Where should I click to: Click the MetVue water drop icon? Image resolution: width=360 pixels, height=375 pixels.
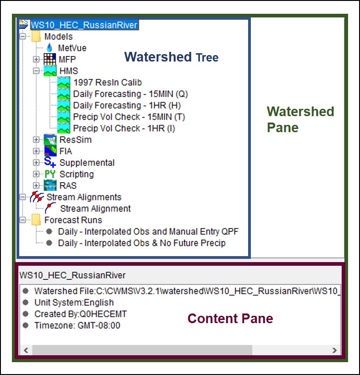pyautogui.click(x=50, y=48)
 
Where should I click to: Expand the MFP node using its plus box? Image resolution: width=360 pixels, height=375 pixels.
pyautogui.click(x=36, y=59)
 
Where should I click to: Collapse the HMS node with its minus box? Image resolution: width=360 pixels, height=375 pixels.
pyautogui.click(x=36, y=71)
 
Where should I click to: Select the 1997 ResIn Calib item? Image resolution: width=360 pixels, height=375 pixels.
pyautogui.click(x=107, y=82)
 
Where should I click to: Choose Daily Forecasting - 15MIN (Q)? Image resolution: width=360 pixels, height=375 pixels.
pyautogui.click(x=130, y=94)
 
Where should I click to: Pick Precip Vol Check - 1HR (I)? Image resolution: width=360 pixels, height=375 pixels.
pyautogui.click(x=124, y=128)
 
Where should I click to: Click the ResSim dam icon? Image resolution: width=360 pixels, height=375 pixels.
pyautogui.click(x=50, y=140)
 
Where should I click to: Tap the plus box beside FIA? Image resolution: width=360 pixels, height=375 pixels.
pyautogui.click(x=36, y=151)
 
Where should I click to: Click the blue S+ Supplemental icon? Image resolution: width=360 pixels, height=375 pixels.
pyautogui.click(x=50, y=162)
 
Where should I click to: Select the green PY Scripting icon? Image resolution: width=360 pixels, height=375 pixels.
pyautogui.click(x=50, y=174)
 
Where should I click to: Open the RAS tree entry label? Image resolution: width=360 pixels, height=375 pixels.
pyautogui.click(x=68, y=185)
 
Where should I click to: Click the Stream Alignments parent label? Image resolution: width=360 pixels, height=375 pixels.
pyautogui.click(x=84, y=197)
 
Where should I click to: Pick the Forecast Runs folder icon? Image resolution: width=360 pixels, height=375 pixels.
pyautogui.click(x=36, y=220)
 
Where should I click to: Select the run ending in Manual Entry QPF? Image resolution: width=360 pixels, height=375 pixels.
pyautogui.click(x=148, y=231)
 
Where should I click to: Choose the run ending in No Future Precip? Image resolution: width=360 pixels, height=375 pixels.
pyautogui.click(x=142, y=243)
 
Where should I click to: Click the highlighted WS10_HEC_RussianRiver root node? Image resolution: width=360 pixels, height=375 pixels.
pyautogui.click(x=84, y=25)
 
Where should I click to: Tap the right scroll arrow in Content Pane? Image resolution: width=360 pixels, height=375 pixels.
pyautogui.click(x=334, y=350)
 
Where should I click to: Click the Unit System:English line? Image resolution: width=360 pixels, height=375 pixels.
pyautogui.click(x=74, y=302)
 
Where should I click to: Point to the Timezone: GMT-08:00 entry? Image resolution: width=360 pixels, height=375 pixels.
pyautogui.click(x=77, y=325)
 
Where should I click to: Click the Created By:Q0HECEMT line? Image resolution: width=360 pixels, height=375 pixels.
pyautogui.click(x=81, y=314)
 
